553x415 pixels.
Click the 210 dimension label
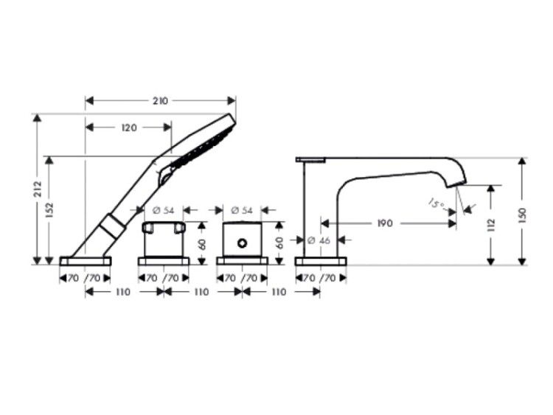point(161,101)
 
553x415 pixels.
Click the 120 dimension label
point(129,128)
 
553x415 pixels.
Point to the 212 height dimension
point(38,189)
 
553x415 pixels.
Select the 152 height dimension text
point(49,210)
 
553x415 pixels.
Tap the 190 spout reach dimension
point(385,223)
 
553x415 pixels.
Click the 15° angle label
point(436,204)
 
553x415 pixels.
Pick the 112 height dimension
point(490,226)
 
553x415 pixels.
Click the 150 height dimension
point(522,216)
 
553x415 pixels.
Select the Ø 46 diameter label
point(319,240)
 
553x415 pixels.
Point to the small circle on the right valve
point(242,243)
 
